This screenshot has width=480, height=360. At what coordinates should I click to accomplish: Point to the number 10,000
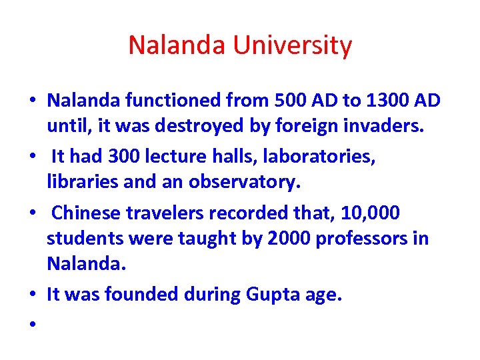(x=370, y=213)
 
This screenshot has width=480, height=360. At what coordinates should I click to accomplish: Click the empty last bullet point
(x=31, y=323)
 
